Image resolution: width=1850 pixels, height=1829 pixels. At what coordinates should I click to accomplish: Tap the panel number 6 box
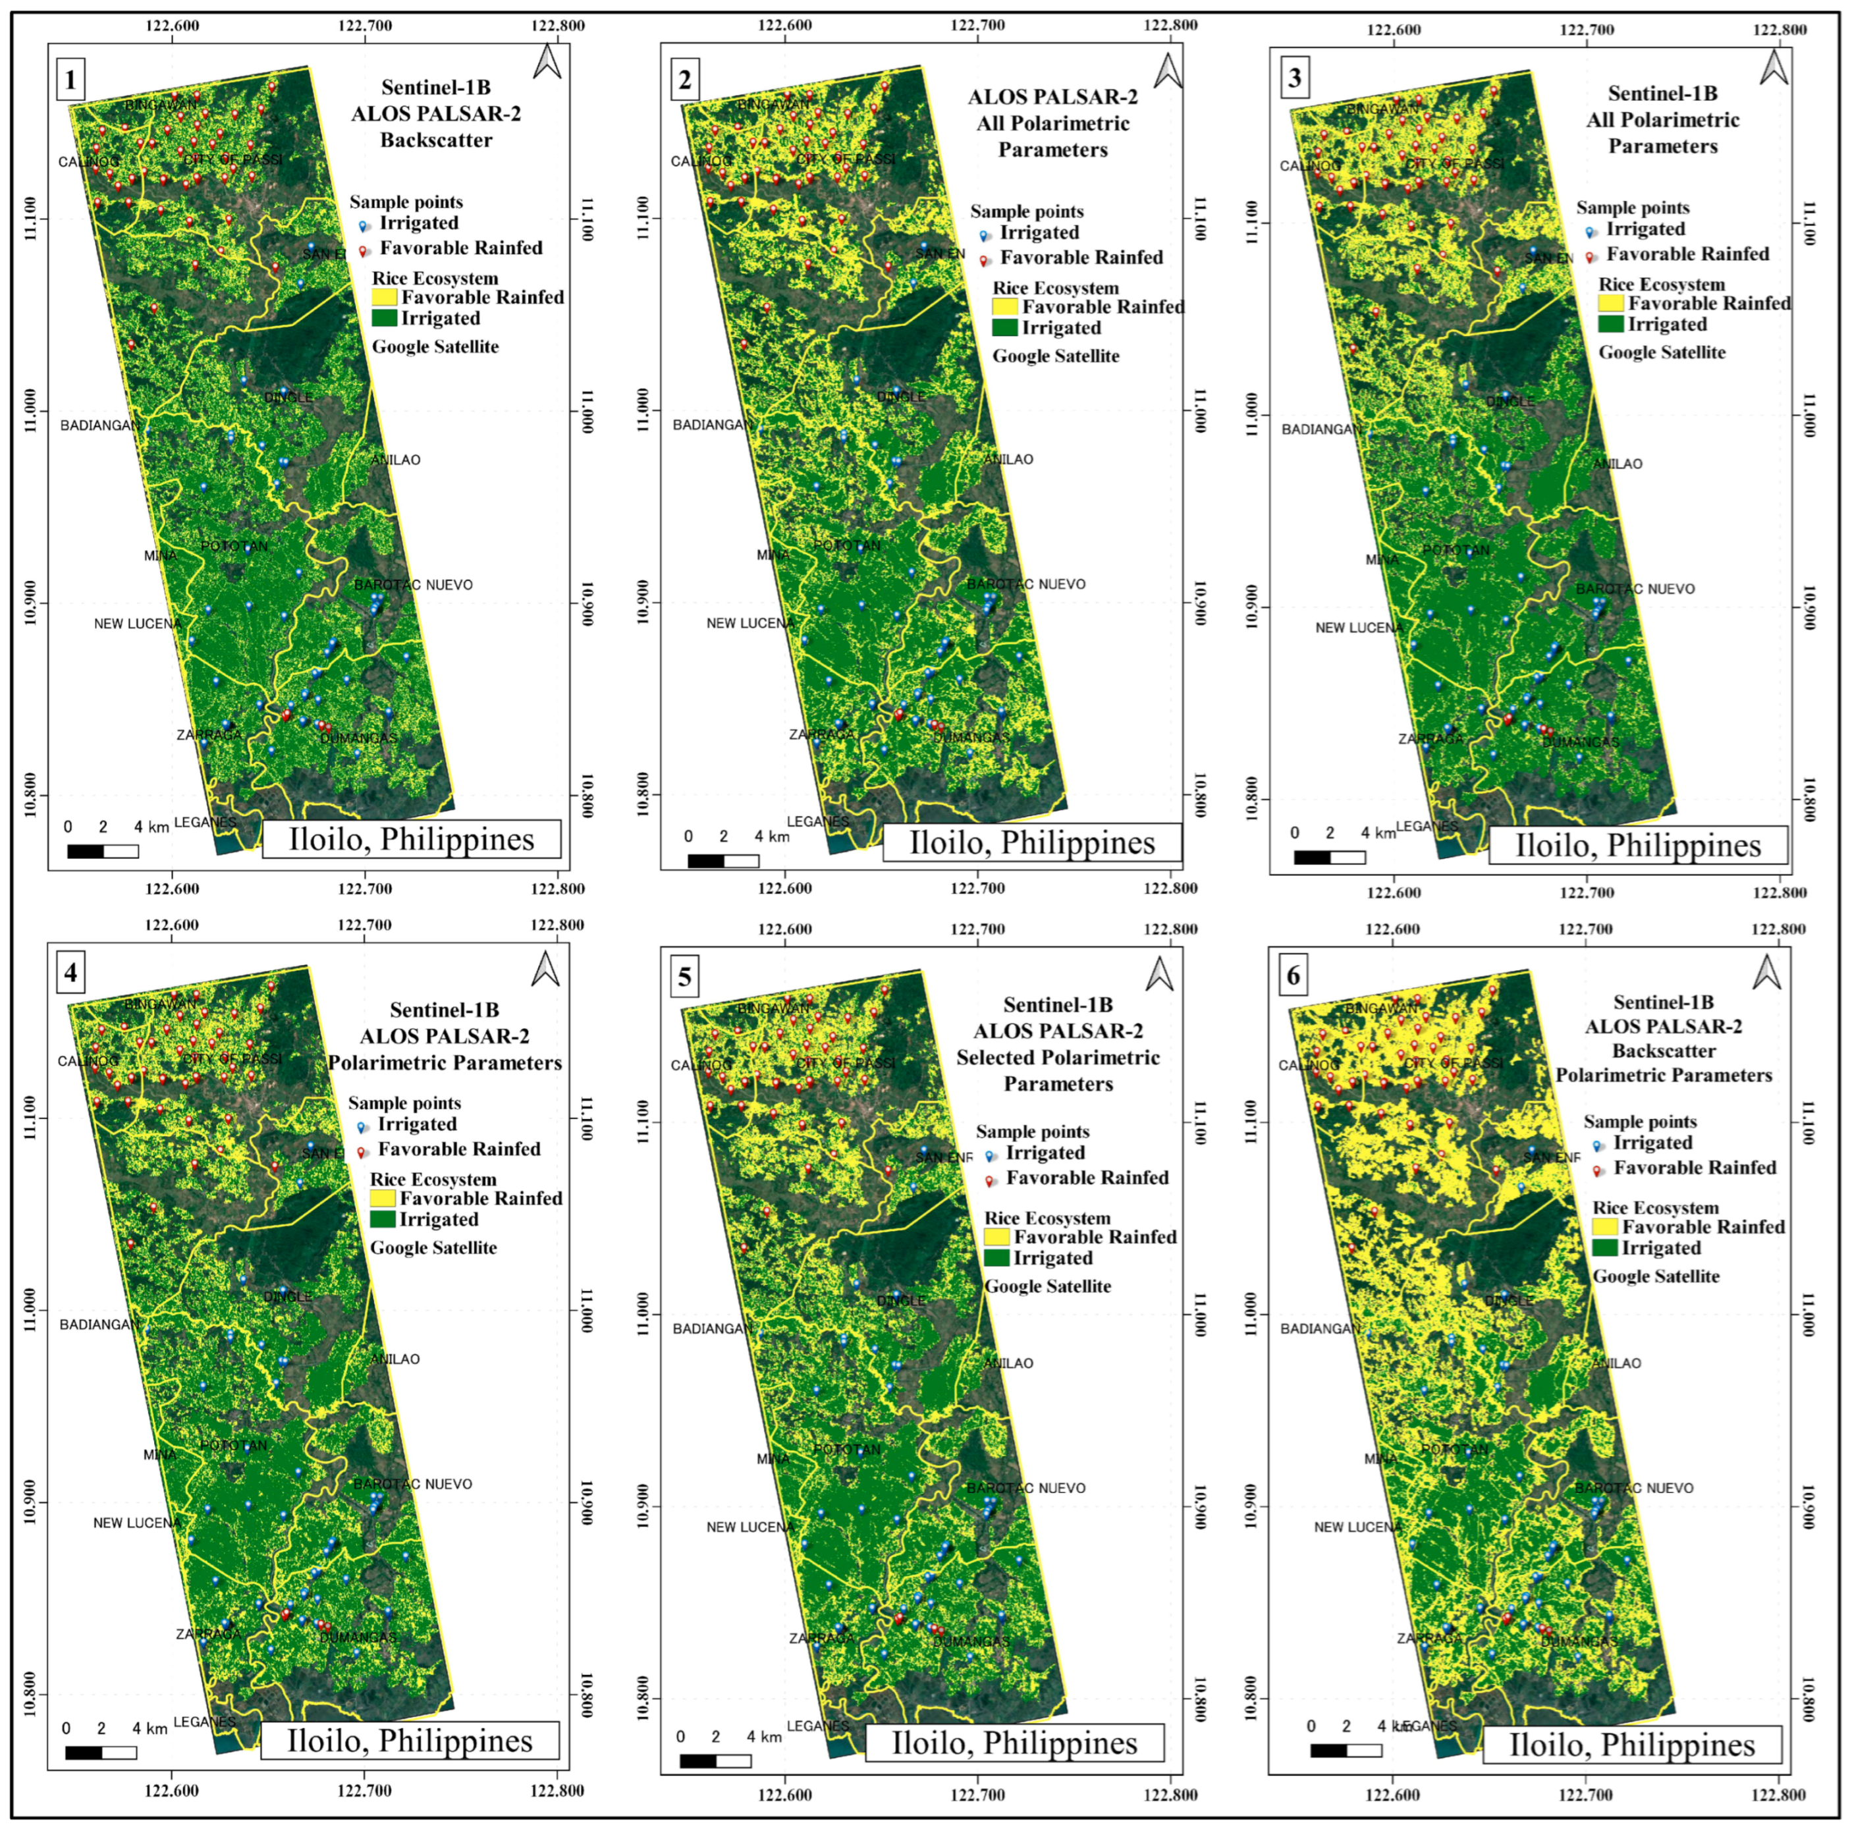[1293, 976]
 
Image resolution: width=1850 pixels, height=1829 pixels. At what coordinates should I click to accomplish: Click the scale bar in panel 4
[101, 1753]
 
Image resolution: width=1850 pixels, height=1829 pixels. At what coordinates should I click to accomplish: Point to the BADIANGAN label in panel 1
[99, 425]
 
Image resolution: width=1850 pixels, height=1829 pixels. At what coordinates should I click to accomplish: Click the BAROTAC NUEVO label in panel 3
[1635, 589]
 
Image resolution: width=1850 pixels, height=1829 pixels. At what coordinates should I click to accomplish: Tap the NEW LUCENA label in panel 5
[749, 1527]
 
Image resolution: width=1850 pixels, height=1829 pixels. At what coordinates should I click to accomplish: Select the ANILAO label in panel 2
[1008, 460]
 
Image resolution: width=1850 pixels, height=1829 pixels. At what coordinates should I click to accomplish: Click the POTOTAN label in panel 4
[234, 1445]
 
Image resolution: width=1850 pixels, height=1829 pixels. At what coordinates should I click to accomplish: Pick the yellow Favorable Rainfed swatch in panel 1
[384, 297]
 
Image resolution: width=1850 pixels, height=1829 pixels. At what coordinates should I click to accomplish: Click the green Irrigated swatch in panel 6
[1605, 1247]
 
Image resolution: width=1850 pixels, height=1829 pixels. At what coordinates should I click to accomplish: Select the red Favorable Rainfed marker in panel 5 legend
[989, 1180]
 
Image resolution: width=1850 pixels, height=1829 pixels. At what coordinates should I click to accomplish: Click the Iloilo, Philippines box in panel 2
[1031, 842]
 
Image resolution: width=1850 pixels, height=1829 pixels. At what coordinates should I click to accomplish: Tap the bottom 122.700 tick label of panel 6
[1587, 1791]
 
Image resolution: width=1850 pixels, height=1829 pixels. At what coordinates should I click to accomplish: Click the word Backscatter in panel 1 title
[436, 140]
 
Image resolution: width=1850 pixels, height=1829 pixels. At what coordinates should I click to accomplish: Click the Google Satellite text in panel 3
[1662, 352]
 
